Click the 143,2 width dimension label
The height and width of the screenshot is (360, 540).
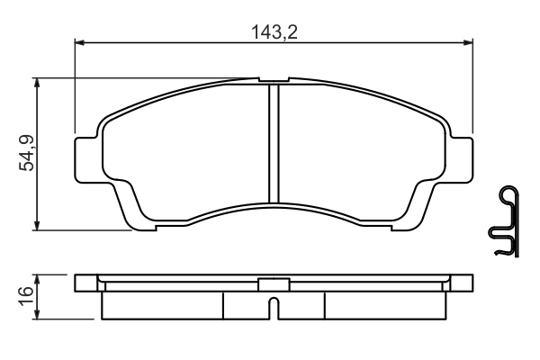pyautogui.click(x=274, y=32)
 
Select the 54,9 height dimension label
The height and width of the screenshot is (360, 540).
pyautogui.click(x=27, y=153)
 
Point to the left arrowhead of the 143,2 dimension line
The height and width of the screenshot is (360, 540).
pyautogui.click(x=79, y=41)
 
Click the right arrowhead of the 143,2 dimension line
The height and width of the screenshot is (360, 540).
pyautogui.click(x=468, y=41)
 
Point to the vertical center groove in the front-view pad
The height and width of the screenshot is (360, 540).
pyautogui.click(x=274, y=144)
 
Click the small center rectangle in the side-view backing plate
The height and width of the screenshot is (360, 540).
pyautogui.click(x=274, y=283)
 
